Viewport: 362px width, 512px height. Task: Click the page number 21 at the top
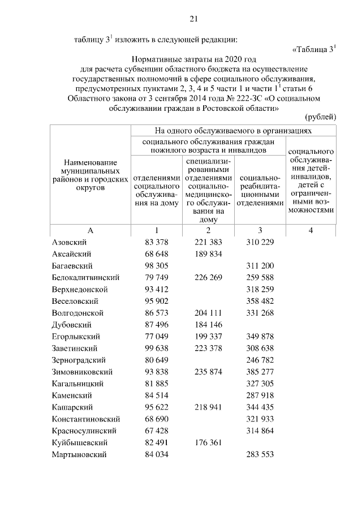pos(193,19)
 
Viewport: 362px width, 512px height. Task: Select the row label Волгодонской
pos(77,313)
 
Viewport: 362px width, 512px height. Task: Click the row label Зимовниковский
pos(82,372)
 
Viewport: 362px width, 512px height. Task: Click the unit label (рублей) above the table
pos(321,117)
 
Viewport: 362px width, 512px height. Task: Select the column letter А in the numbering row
pos(90,230)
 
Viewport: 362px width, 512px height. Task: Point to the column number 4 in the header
pos(311,230)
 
